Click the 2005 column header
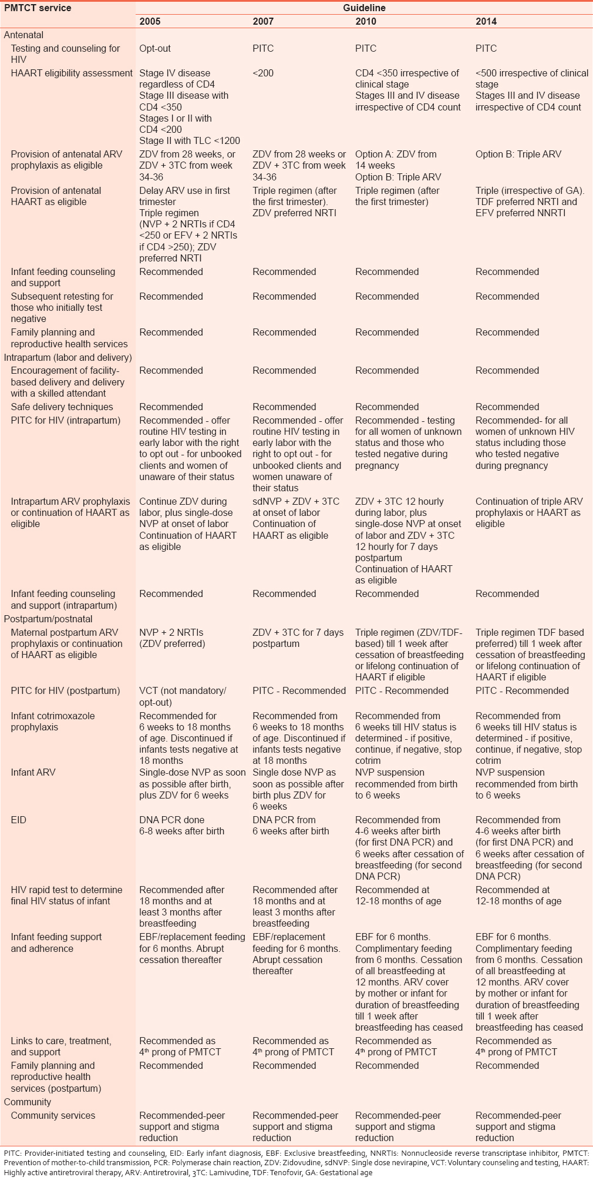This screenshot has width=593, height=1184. coord(150,21)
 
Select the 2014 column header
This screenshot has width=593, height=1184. coord(486,21)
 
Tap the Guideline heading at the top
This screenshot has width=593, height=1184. coord(364,8)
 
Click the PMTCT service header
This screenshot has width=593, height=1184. coord(38,8)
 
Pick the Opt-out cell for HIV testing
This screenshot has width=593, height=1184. coord(155,49)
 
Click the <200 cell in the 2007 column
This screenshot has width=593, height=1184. coord(263,73)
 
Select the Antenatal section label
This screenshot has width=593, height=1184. coord(23,35)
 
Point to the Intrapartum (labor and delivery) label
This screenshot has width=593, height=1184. coord(68,357)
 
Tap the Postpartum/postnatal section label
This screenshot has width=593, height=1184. coord(48,619)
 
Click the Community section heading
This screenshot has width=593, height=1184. coord(28,1102)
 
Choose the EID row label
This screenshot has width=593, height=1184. coord(19,820)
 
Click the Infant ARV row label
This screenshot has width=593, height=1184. coord(33,772)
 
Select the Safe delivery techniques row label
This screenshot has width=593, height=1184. coord(62,407)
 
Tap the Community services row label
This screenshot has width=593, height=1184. coord(53,1115)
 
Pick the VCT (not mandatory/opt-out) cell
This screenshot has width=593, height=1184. coord(182,696)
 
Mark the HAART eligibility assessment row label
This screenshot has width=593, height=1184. coord(72,73)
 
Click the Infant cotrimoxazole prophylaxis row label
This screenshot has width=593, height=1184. coord(53,721)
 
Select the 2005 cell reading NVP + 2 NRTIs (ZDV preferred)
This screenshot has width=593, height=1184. coord(172,638)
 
